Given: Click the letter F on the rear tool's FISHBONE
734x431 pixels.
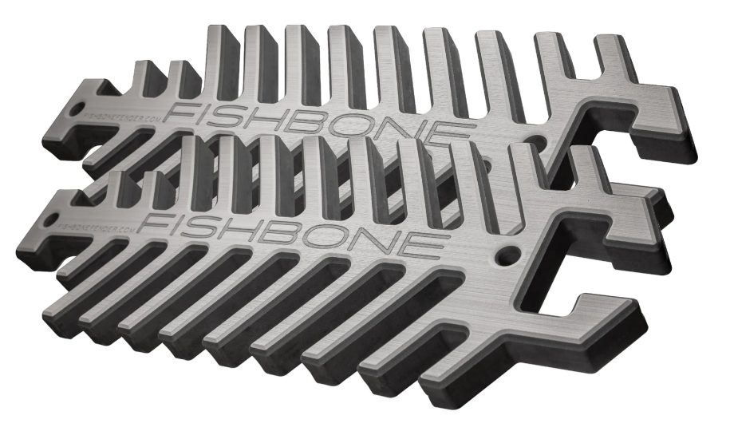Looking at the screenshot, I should [x=182, y=109].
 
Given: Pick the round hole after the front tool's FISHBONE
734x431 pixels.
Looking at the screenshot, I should [x=504, y=258].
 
